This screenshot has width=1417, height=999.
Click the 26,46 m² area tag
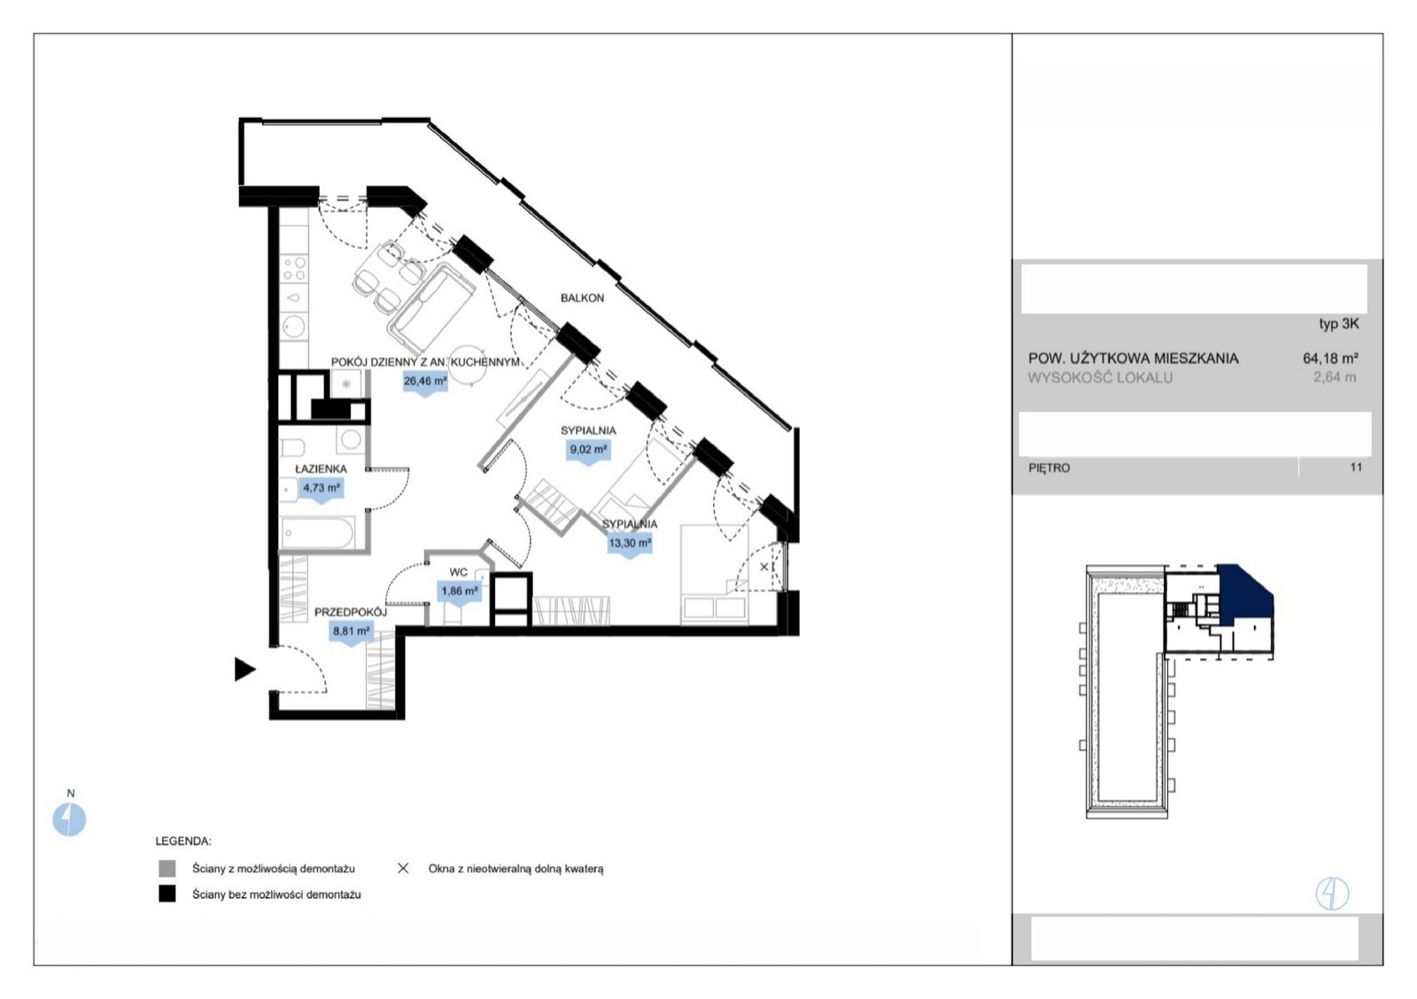tap(425, 382)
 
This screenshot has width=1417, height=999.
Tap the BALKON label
tap(582, 298)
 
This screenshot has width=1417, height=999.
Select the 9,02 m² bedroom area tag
tap(588, 451)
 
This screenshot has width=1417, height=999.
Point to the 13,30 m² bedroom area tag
tap(630, 544)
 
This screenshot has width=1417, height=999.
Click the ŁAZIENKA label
tap(321, 469)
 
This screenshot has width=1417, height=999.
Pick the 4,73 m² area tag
tap(321, 489)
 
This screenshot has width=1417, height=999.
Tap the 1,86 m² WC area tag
tap(460, 592)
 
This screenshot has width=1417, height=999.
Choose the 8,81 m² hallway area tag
tap(352, 632)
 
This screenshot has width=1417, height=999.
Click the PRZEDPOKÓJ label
tap(351, 613)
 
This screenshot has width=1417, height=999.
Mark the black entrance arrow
tap(244, 670)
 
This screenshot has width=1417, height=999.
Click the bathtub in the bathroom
tap(317, 533)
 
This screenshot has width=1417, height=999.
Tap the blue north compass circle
tap(69, 819)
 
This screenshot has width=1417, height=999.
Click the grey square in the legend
tap(167, 869)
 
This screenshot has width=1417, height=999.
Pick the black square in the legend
tap(167, 894)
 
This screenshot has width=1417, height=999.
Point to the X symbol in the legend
tap(403, 869)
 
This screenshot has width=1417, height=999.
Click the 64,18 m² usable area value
tap(1330, 358)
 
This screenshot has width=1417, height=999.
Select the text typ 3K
tap(1338, 323)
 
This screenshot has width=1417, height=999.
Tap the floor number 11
tap(1356, 467)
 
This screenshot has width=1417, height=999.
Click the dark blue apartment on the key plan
tap(1243, 595)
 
